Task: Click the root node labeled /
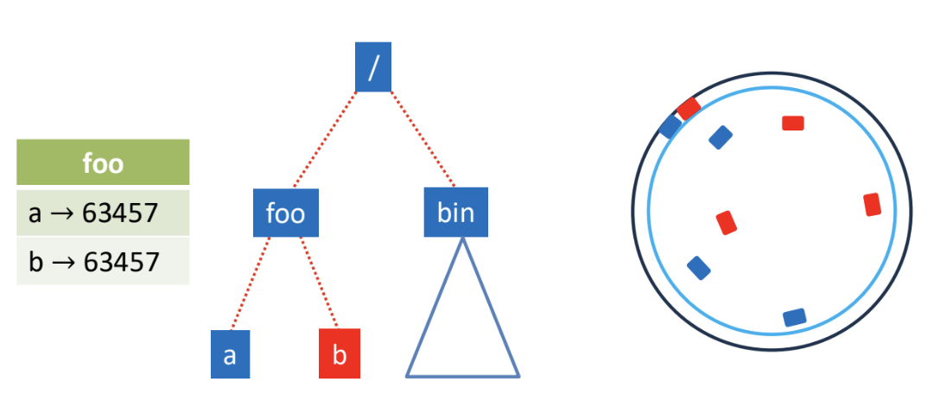point(373,67)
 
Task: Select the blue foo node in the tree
point(286,213)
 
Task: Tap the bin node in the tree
point(455,212)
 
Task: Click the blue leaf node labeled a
point(230,354)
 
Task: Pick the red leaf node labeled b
point(339,353)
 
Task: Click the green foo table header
point(103,162)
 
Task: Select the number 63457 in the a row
point(120,213)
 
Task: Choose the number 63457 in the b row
point(121,261)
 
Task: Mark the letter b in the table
point(35,261)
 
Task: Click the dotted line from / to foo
point(325,140)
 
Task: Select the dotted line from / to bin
point(422,139)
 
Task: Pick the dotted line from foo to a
point(251,283)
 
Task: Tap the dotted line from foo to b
point(319,282)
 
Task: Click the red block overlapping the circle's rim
point(689,109)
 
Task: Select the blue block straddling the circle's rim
point(671,126)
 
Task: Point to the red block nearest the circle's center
point(726,223)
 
